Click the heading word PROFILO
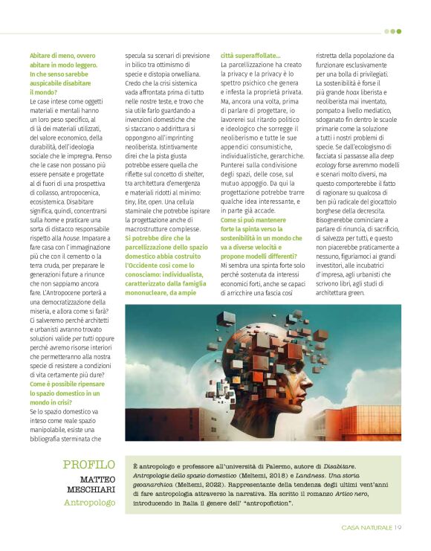[x=89, y=465]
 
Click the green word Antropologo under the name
[x=90, y=503]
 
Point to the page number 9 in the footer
[x=399, y=528]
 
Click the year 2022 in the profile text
[x=222, y=484]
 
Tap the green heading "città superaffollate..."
[x=250, y=56]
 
